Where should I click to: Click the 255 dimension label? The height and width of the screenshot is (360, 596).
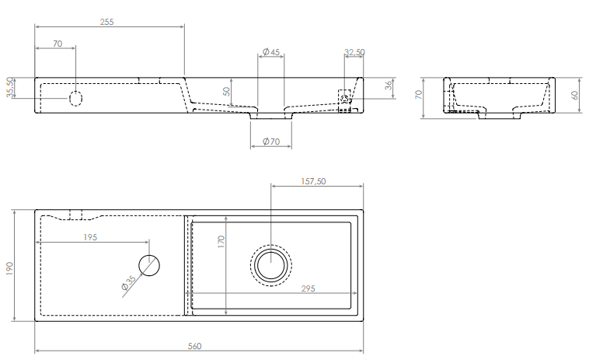(106, 22)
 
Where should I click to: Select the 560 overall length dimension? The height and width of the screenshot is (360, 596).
(194, 346)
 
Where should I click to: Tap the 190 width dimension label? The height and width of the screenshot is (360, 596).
(9, 268)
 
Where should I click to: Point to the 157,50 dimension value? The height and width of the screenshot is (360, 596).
(313, 181)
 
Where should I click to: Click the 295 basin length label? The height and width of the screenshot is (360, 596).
(308, 288)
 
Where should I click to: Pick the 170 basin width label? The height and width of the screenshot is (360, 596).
(221, 242)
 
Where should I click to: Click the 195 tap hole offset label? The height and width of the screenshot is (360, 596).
(90, 237)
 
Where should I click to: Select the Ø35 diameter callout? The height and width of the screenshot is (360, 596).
(128, 283)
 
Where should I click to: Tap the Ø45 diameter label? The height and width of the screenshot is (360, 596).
(271, 51)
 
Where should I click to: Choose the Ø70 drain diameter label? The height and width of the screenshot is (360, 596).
(271, 142)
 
